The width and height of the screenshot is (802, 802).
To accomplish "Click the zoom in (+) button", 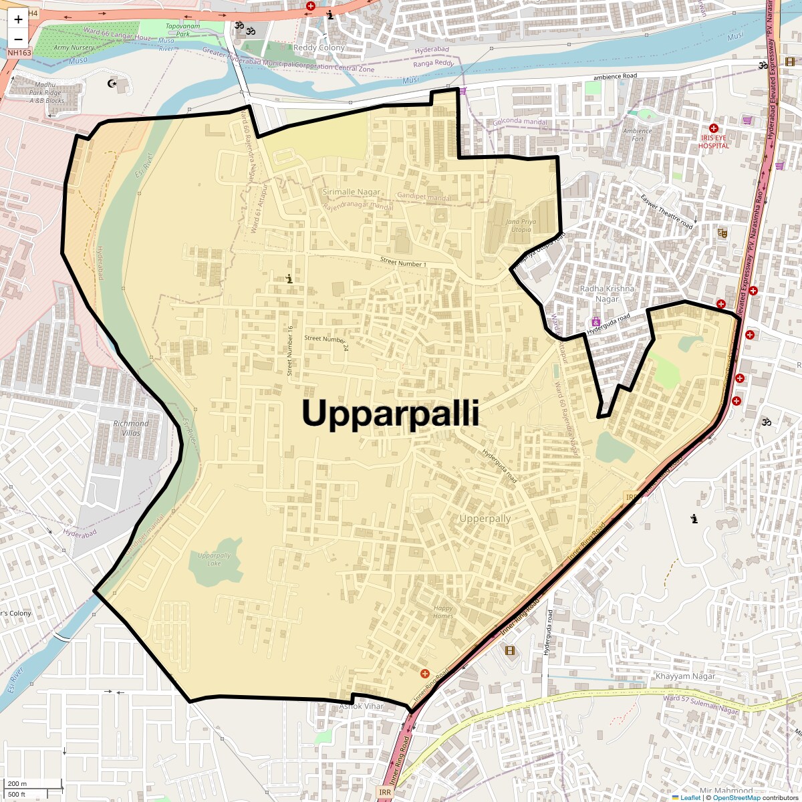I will coord(18,19).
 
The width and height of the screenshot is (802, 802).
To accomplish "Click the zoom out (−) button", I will coord(18,39).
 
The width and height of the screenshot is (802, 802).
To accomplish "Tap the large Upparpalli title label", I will coord(390,414).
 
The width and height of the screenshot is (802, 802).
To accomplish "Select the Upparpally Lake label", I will coord(214,559).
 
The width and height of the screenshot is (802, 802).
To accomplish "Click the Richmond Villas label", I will coord(131,428).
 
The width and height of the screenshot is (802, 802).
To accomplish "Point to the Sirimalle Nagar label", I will coord(351,192).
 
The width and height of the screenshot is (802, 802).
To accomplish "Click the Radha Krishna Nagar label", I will coord(607,293).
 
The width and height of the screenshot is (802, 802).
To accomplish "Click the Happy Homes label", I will coord(443,612).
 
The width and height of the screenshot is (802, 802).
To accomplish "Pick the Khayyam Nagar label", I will coord(685,676).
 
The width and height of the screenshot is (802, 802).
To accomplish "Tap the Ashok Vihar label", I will coord(362,706).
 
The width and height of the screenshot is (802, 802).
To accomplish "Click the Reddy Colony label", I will coord(319,47).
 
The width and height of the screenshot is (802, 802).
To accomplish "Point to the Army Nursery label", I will coord(74,48).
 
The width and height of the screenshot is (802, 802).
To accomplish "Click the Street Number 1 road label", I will coord(402,263).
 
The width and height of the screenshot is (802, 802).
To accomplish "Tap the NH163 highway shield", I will coord(19,52).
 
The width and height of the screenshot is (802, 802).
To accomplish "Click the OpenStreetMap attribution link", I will coord(736,797).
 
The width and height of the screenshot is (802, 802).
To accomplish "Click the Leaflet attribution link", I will coord(690,797).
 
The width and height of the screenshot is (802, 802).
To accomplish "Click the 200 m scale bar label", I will coord(18,783).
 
